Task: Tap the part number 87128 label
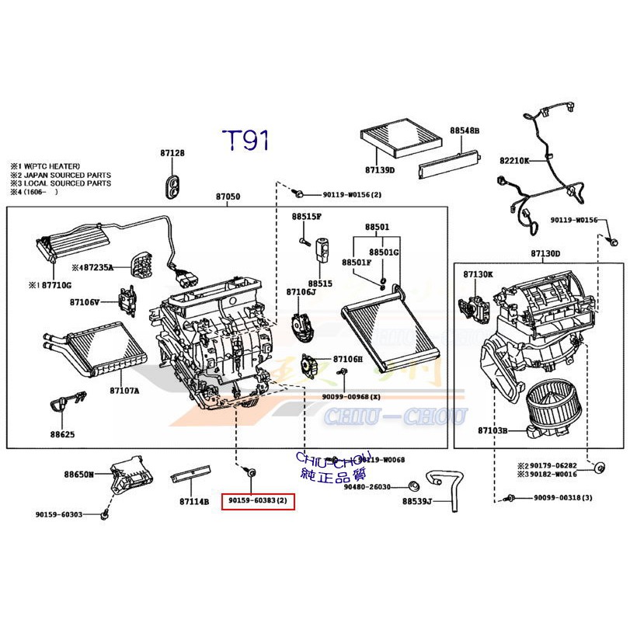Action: tap(172, 154)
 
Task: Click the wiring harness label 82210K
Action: tap(514, 160)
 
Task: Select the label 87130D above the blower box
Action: tap(545, 253)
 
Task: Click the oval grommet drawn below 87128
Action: tap(172, 185)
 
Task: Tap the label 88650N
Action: tap(78, 474)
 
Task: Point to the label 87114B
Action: tap(194, 502)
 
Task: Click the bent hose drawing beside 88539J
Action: tap(442, 489)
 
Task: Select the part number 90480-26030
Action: tap(367, 487)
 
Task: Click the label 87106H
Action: tap(347, 359)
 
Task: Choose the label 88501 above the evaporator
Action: tap(377, 227)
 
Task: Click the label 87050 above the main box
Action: tap(228, 197)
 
